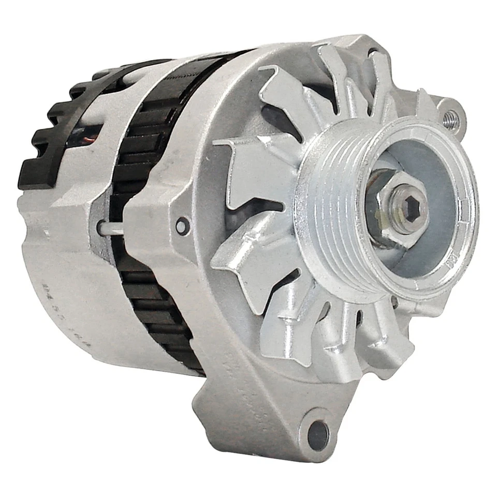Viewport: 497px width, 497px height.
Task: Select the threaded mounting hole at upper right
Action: pos(450,116)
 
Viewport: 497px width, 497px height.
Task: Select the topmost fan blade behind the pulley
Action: pos(337,67)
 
